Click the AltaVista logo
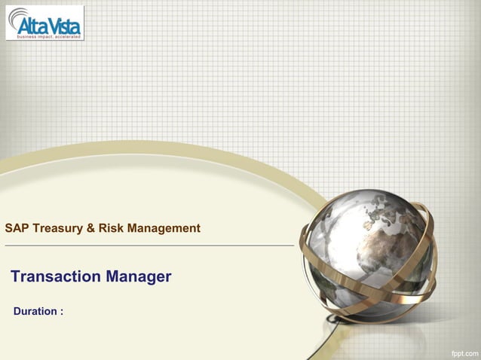[45, 23]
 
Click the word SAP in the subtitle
[16, 227]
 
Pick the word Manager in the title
[139, 276]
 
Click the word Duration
[35, 311]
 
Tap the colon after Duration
[61, 312]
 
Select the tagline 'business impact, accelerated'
[45, 35]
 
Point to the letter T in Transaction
[16, 276]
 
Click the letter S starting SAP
[8, 227]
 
